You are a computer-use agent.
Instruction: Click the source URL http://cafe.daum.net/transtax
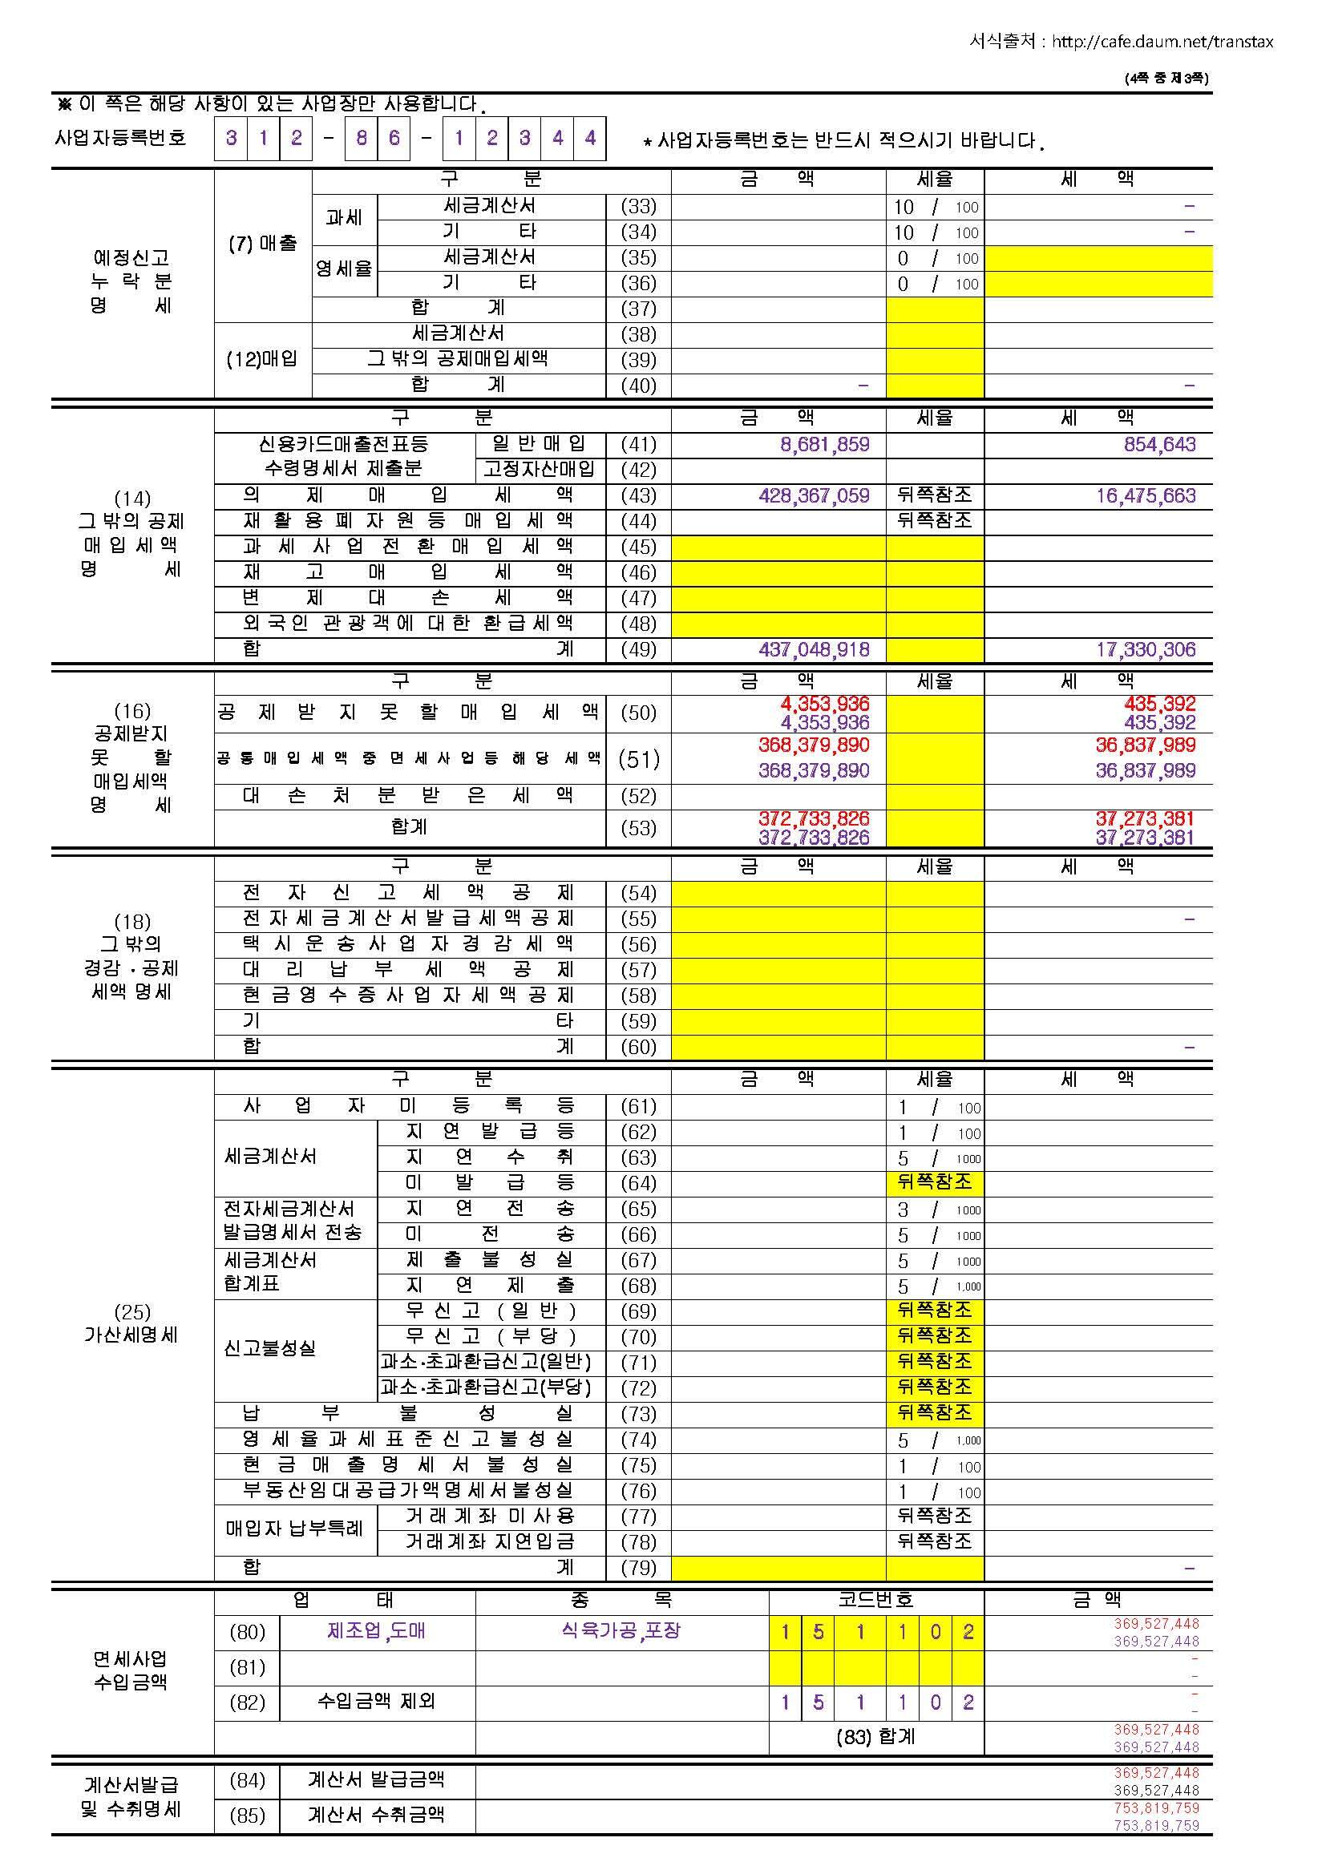tap(1162, 42)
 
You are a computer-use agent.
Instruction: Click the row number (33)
tap(638, 207)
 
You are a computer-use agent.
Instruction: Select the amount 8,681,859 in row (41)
tap(825, 444)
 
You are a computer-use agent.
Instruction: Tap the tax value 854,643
tap(1159, 444)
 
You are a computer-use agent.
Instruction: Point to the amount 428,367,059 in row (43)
tap(813, 495)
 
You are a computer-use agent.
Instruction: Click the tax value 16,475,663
tap(1146, 495)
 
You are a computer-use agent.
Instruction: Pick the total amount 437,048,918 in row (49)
tap(813, 650)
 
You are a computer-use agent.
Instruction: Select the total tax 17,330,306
tap(1146, 650)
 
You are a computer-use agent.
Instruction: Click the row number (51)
tap(638, 759)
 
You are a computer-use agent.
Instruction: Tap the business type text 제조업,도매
tap(377, 1631)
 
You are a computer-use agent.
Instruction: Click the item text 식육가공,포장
tap(621, 1631)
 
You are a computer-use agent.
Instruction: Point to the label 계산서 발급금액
tap(377, 1779)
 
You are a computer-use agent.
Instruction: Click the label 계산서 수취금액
tap(377, 1815)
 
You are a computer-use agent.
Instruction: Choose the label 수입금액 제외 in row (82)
tap(377, 1702)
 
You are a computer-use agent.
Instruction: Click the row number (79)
tap(638, 1567)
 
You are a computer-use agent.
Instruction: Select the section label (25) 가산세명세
tap(131, 1323)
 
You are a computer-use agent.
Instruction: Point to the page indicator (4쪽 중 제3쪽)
tap(1166, 79)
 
